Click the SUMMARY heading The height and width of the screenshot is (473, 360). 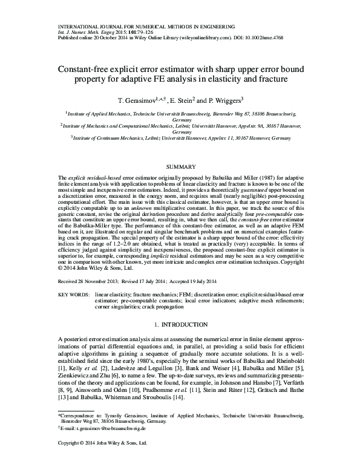coord(180,166)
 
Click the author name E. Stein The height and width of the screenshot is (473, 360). coord(178,99)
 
